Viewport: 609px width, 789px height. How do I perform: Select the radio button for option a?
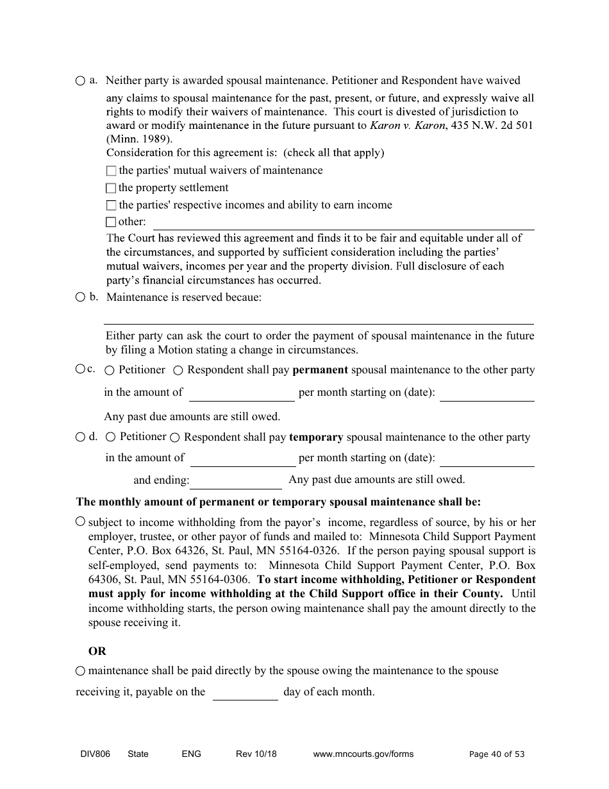click(x=79, y=81)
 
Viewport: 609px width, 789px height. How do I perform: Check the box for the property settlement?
click(x=111, y=188)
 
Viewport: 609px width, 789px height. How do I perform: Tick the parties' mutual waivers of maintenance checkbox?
click(x=111, y=171)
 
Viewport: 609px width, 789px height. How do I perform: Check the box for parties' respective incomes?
click(x=111, y=205)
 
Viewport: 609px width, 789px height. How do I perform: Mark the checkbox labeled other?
click(x=111, y=223)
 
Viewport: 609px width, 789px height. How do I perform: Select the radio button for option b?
click(x=79, y=297)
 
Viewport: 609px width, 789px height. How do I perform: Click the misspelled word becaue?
click(x=244, y=298)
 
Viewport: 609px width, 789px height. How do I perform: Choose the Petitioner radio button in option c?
click(x=110, y=370)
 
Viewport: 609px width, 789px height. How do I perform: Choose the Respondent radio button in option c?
click(x=178, y=370)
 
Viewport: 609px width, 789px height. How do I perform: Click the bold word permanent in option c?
click(x=320, y=370)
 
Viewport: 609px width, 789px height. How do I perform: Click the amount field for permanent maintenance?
click(x=242, y=393)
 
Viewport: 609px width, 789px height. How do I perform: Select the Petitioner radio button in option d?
click(x=110, y=437)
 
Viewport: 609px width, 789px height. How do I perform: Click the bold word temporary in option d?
click(x=316, y=437)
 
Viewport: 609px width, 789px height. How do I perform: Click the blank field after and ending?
click(x=237, y=480)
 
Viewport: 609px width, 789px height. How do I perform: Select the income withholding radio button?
click(x=80, y=522)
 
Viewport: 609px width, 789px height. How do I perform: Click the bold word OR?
click(x=97, y=651)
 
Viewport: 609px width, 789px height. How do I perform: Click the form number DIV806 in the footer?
click(x=91, y=754)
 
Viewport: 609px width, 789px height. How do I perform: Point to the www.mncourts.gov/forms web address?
click(x=363, y=754)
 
